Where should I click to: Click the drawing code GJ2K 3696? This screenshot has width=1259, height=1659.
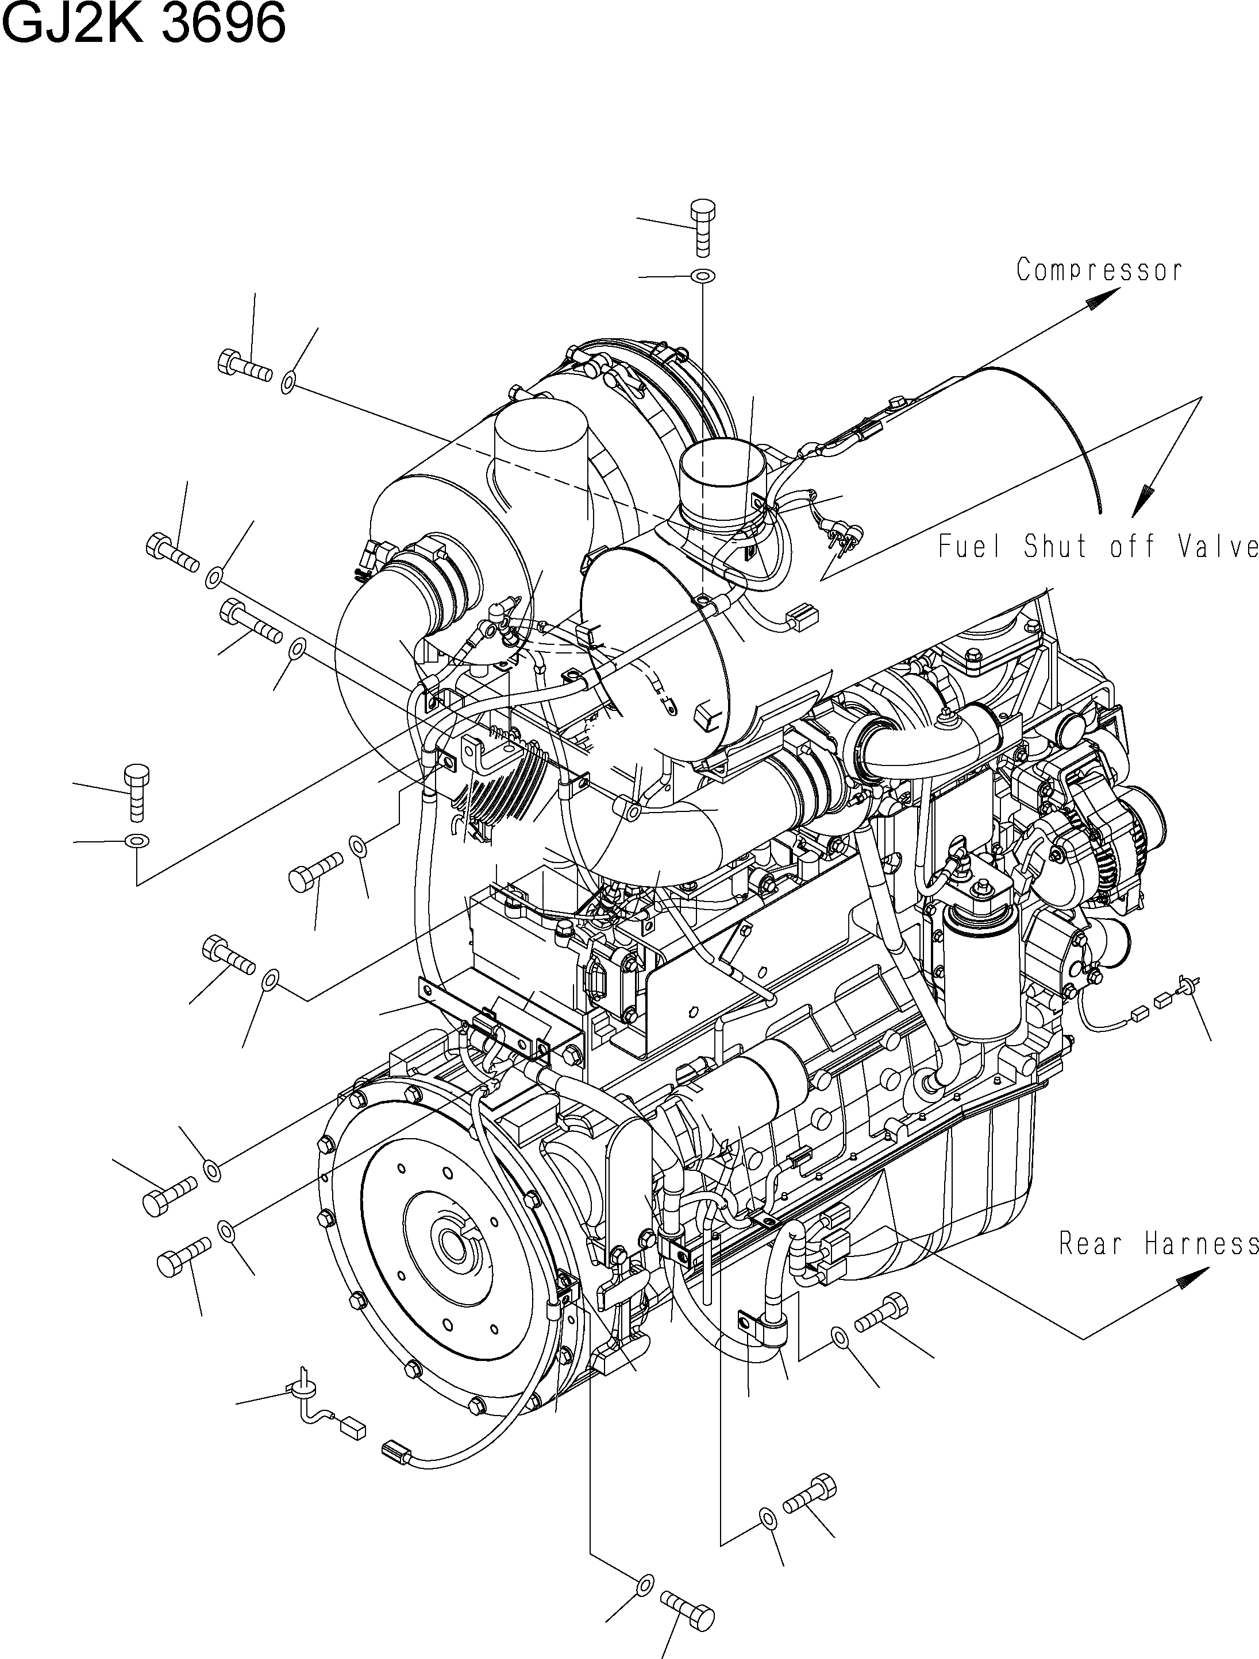tap(145, 25)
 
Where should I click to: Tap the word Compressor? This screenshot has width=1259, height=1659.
tap(1099, 270)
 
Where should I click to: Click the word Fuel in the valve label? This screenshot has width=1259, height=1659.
tap(971, 547)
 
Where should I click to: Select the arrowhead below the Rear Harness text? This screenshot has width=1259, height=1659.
tap(1193, 1277)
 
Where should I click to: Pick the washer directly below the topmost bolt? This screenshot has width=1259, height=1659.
tap(702, 276)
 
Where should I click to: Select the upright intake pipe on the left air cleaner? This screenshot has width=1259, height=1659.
tap(540, 458)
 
